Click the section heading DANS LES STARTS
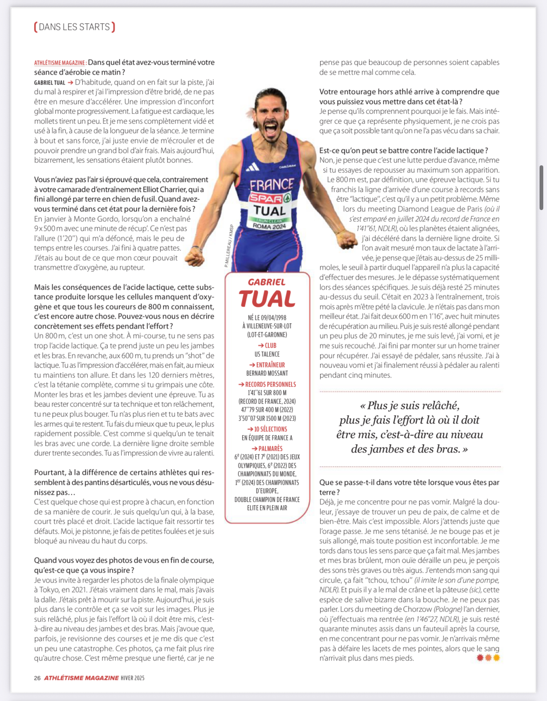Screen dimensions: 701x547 click(75, 27)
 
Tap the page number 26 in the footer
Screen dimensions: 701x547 click(37, 678)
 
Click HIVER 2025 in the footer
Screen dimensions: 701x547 click(133, 678)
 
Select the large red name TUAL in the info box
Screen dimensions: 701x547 click(267, 299)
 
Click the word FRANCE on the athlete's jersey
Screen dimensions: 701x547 click(272, 184)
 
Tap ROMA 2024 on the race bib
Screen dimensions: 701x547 click(269, 227)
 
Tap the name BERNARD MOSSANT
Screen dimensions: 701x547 click(267, 373)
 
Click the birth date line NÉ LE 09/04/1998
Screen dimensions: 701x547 click(267, 318)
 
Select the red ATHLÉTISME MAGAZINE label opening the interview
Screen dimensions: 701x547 click(60, 63)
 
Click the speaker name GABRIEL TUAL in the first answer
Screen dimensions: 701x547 click(50, 82)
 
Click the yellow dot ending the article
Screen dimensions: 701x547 click(496, 657)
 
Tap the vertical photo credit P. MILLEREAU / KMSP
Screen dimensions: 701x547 click(228, 245)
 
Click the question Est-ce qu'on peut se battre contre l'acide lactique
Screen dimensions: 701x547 click(404, 150)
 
